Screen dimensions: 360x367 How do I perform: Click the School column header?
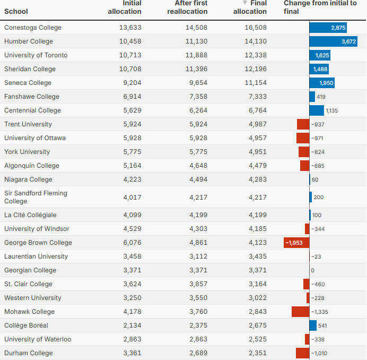(x=16, y=11)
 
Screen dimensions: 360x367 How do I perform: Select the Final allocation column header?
(x=250, y=7)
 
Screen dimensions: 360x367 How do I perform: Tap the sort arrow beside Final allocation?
(x=245, y=3)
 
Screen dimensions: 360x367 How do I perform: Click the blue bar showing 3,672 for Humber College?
(x=334, y=41)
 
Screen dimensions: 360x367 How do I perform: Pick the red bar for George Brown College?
(x=296, y=243)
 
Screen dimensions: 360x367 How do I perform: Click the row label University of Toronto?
(x=36, y=55)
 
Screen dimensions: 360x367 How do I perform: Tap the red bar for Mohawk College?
(x=300, y=312)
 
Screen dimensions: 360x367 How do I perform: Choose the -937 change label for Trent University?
(x=318, y=124)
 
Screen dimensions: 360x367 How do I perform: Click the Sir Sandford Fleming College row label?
(x=36, y=197)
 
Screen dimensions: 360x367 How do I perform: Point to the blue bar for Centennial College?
(x=317, y=110)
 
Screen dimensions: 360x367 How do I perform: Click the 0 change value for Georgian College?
(x=313, y=270)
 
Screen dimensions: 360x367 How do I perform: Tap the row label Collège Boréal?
(x=26, y=325)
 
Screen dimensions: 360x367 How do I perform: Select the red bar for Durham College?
(x=302, y=353)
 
